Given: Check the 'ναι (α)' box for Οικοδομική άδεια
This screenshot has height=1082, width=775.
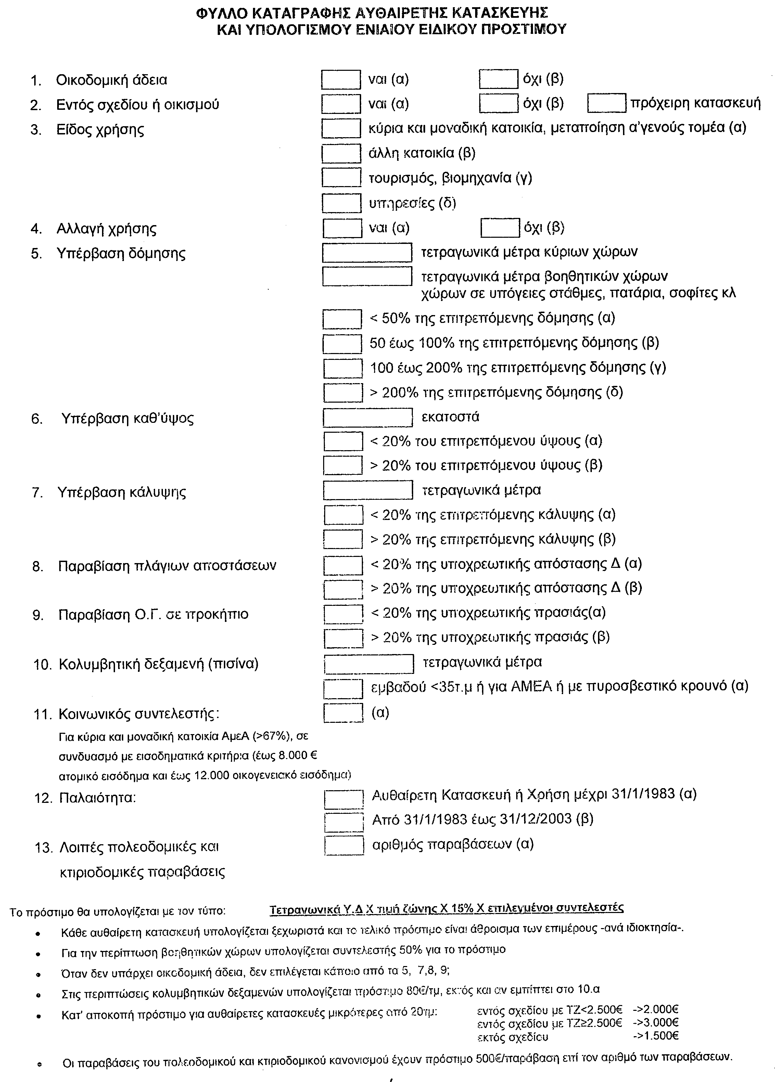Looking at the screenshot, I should point(341,80).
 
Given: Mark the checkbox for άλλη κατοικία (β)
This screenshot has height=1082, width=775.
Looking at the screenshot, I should point(341,154).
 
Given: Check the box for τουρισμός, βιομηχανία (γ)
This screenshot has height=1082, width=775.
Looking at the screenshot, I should point(341,178).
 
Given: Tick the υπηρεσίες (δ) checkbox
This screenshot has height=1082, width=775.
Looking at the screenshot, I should point(342,203).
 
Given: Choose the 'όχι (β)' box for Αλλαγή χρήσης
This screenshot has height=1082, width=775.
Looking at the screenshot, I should point(500,228).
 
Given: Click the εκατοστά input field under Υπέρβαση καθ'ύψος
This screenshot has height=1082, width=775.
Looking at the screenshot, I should point(367,418).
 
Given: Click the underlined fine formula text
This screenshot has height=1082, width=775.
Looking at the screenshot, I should point(446,909).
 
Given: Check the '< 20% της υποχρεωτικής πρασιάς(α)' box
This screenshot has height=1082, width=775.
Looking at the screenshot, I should point(343,614).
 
